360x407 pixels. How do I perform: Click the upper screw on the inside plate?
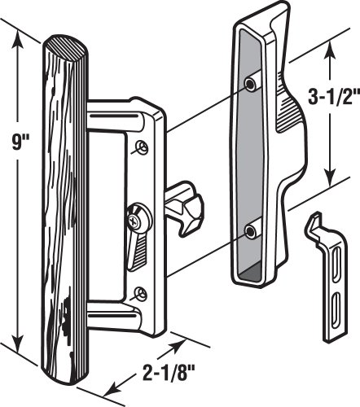click(x=144, y=147)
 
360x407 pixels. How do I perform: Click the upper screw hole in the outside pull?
click(x=252, y=83)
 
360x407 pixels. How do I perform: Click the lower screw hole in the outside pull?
click(x=252, y=232)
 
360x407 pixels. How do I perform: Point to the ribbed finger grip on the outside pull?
click(x=290, y=114)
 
